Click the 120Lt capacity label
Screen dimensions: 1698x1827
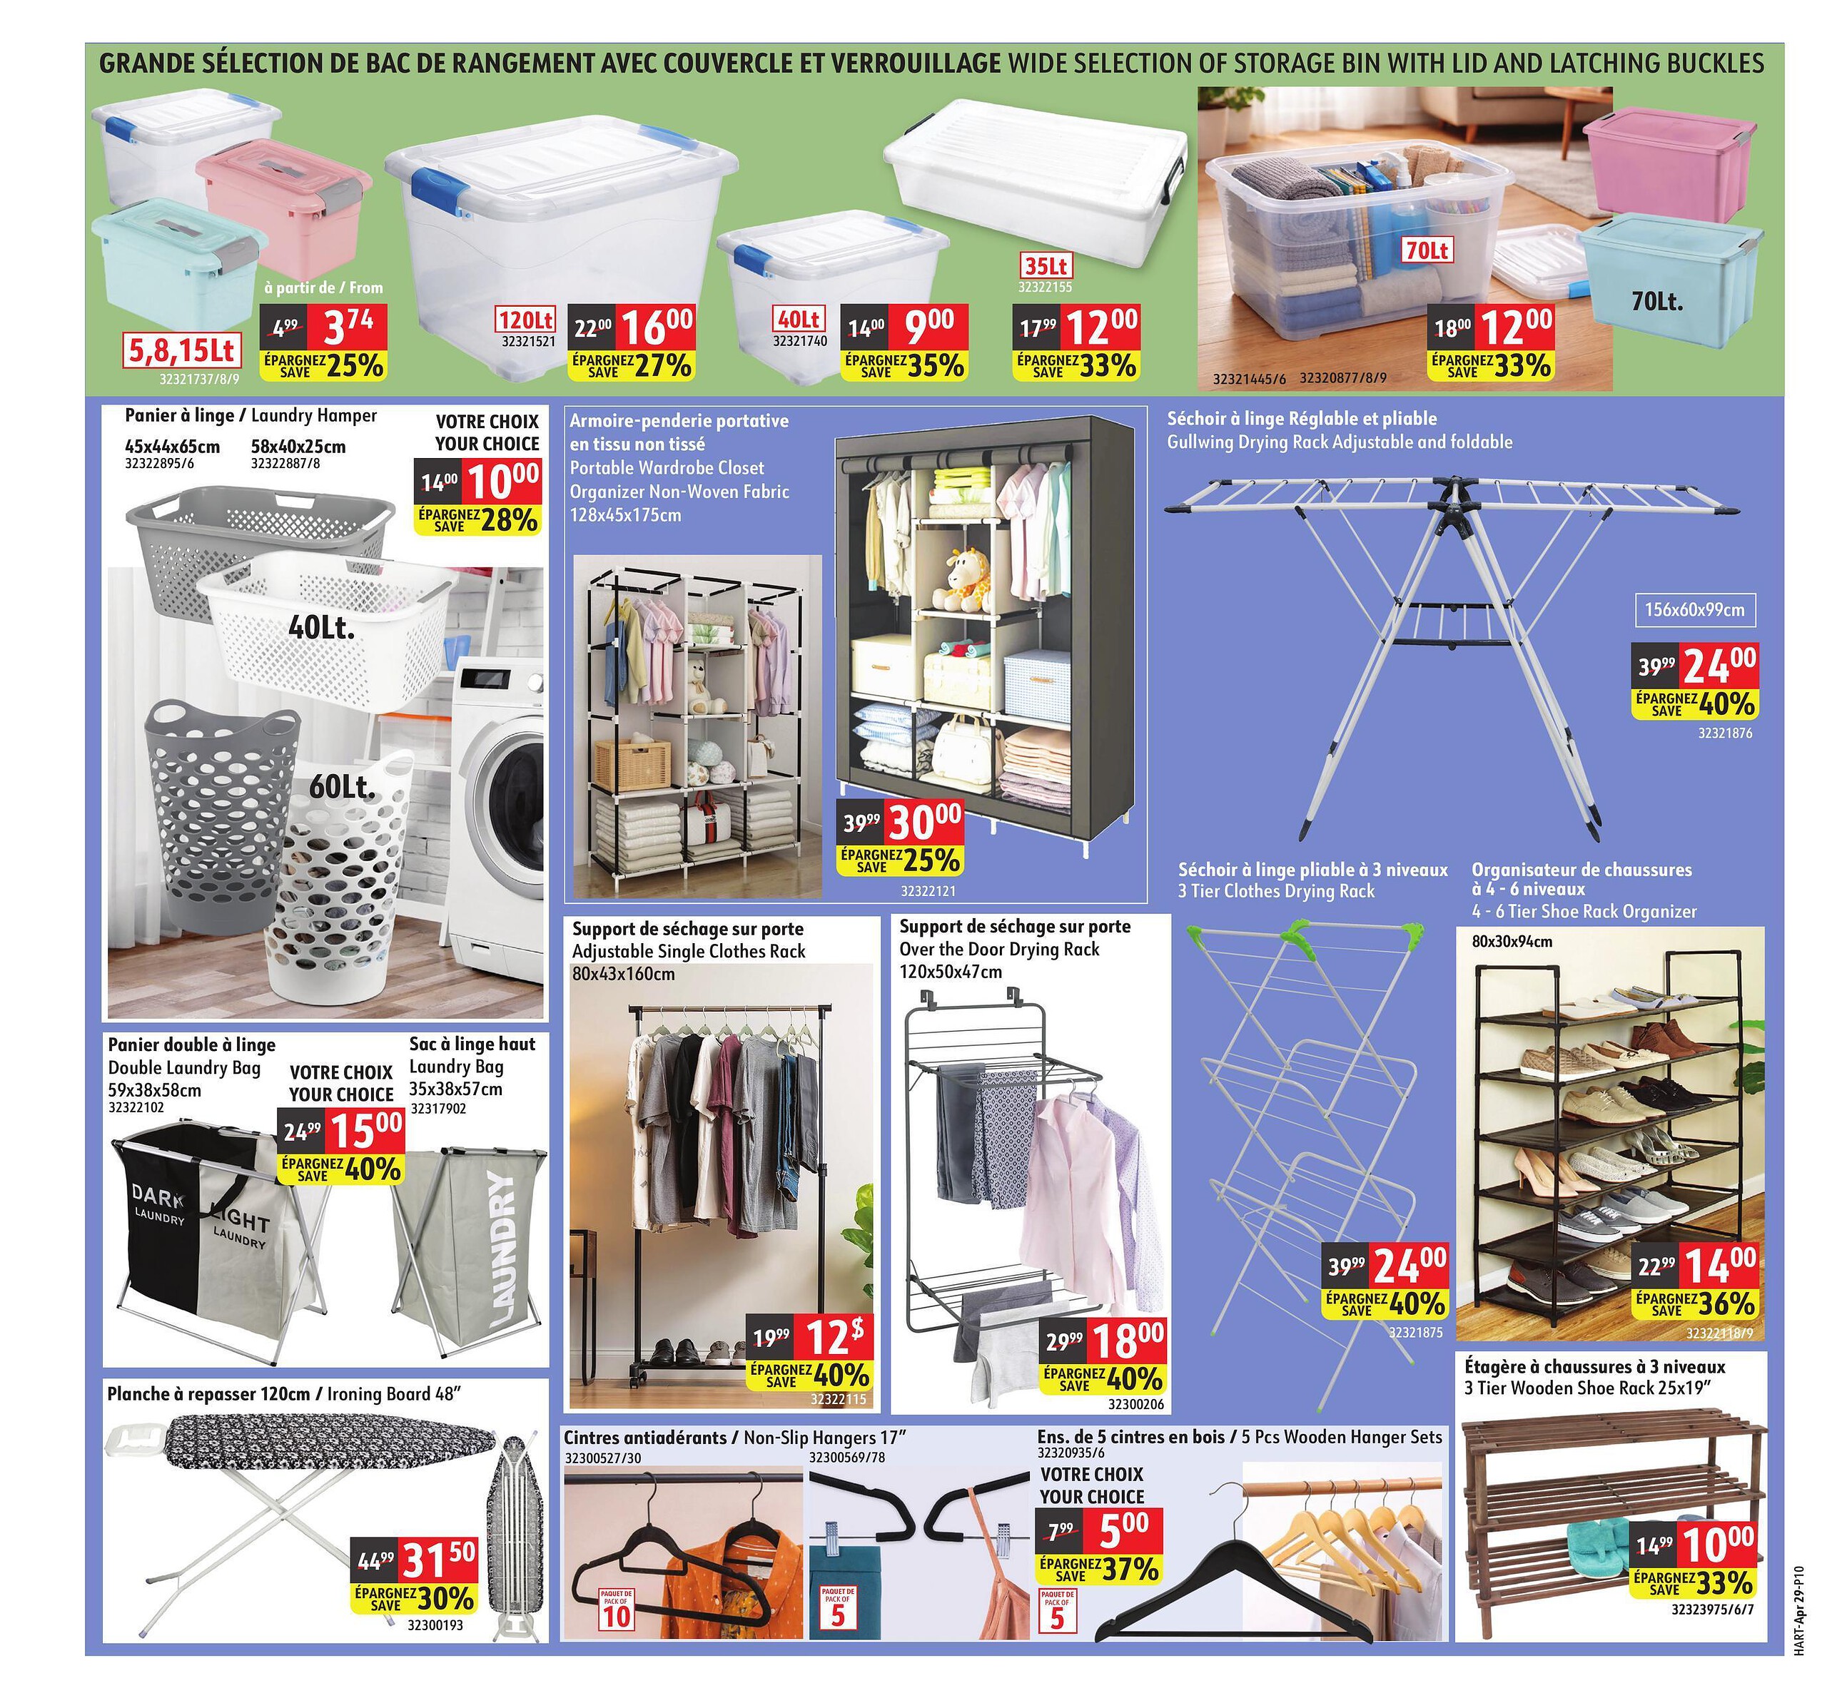[x=526, y=320]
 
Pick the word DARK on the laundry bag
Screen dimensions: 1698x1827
[x=158, y=1194]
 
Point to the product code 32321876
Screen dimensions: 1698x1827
[x=1725, y=733]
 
